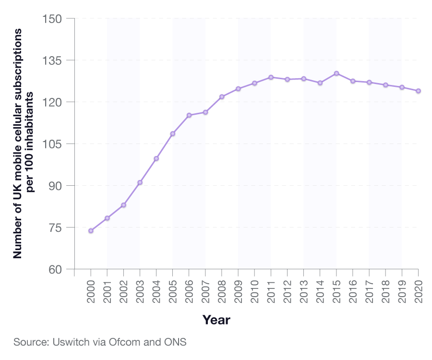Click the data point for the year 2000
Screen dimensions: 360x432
[91, 231]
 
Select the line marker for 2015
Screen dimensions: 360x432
[336, 73]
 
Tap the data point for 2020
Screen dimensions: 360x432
[418, 91]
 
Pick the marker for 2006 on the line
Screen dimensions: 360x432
[189, 115]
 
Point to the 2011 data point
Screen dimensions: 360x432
[271, 77]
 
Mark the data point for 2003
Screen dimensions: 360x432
[140, 182]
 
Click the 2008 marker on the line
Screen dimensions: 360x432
[222, 97]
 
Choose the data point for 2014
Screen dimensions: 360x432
[320, 83]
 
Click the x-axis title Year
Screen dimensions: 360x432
[216, 320]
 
